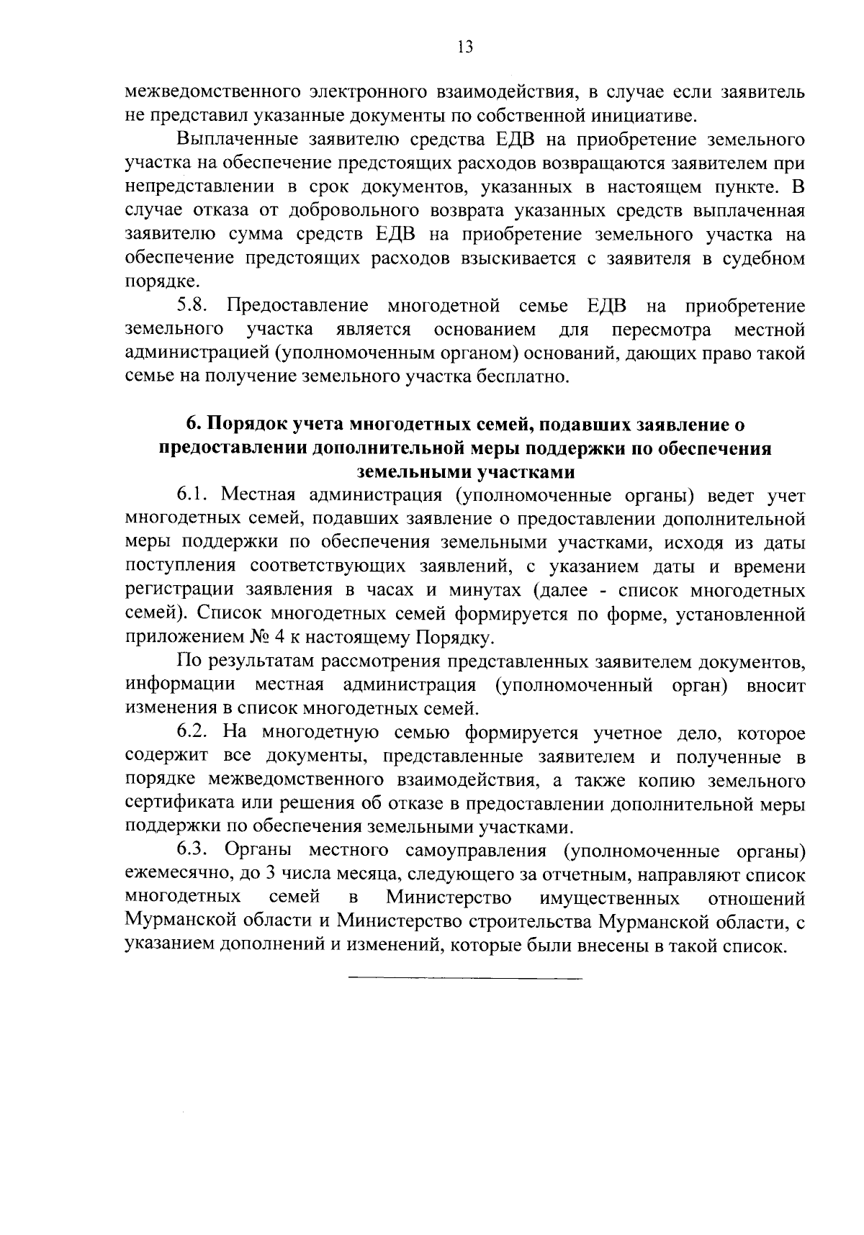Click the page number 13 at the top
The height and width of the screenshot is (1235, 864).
(464, 47)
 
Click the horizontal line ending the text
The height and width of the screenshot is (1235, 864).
(464, 978)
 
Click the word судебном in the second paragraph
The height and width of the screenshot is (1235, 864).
(762, 258)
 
